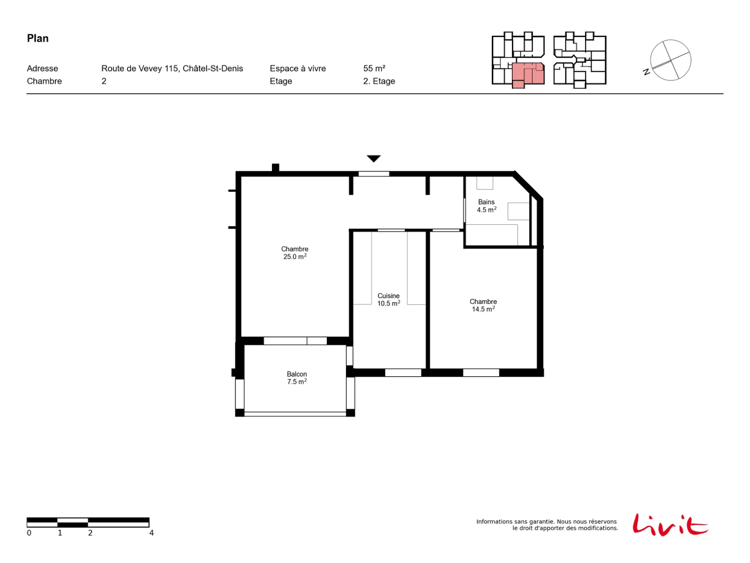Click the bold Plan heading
tap(37, 38)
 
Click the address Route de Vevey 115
tap(140, 68)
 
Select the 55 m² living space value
tap(374, 68)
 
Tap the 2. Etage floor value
tap(379, 81)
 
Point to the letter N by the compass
tap(646, 72)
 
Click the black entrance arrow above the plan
tap(373, 159)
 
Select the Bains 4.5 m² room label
tap(486, 205)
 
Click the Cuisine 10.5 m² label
tap(388, 299)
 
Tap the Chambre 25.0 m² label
tap(294, 252)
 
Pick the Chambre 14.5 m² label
tap(483, 305)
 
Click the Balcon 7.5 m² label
tap(296, 377)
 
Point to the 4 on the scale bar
tap(151, 532)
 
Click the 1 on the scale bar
tap(60, 532)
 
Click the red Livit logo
tap(670, 525)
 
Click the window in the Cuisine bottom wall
tap(403, 372)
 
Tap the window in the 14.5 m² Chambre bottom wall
tap(480, 372)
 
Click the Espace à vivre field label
tap(297, 68)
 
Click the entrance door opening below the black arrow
tap(373, 174)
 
